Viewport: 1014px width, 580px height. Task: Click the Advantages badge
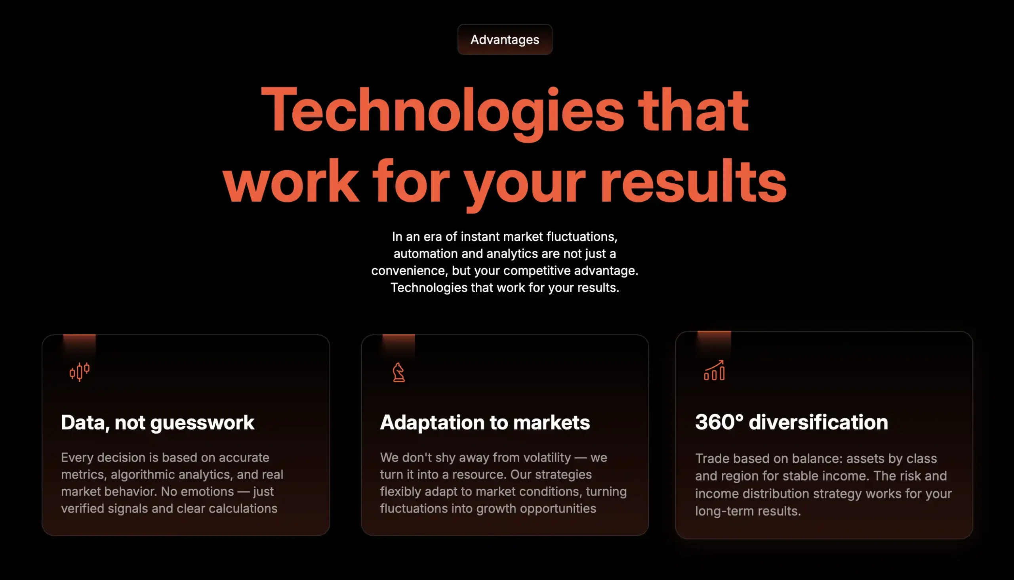point(505,40)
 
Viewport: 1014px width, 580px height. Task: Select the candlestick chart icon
point(79,372)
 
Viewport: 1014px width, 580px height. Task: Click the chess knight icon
point(398,372)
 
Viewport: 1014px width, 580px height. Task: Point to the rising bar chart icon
point(714,370)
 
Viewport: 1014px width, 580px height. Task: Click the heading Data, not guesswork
point(158,423)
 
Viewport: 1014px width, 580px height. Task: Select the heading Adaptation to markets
point(485,423)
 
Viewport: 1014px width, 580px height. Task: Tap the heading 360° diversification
point(791,422)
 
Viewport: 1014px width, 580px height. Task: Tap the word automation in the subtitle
point(425,254)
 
